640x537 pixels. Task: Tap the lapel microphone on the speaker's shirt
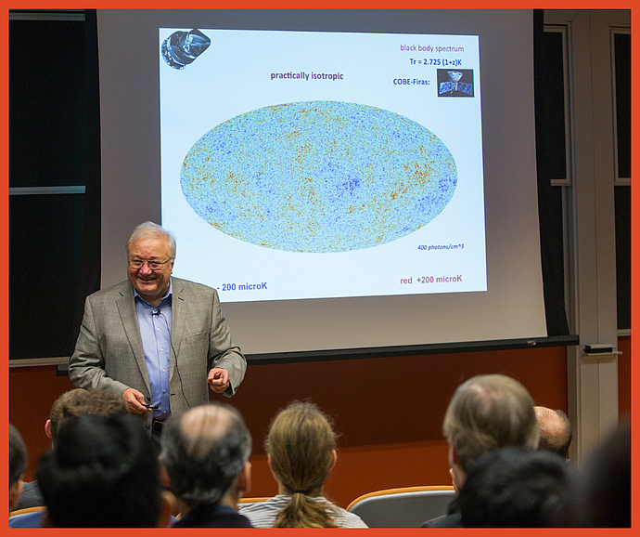coord(157,313)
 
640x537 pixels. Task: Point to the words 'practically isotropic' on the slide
coord(306,75)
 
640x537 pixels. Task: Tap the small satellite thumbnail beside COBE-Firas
coord(454,83)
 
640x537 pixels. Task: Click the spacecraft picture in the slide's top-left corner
coord(186,47)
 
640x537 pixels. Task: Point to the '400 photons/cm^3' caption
coord(440,247)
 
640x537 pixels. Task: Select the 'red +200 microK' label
coord(430,279)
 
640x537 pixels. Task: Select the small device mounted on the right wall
coord(598,349)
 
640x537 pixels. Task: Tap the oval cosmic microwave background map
coord(318,176)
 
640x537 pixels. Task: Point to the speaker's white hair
coord(149,232)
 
